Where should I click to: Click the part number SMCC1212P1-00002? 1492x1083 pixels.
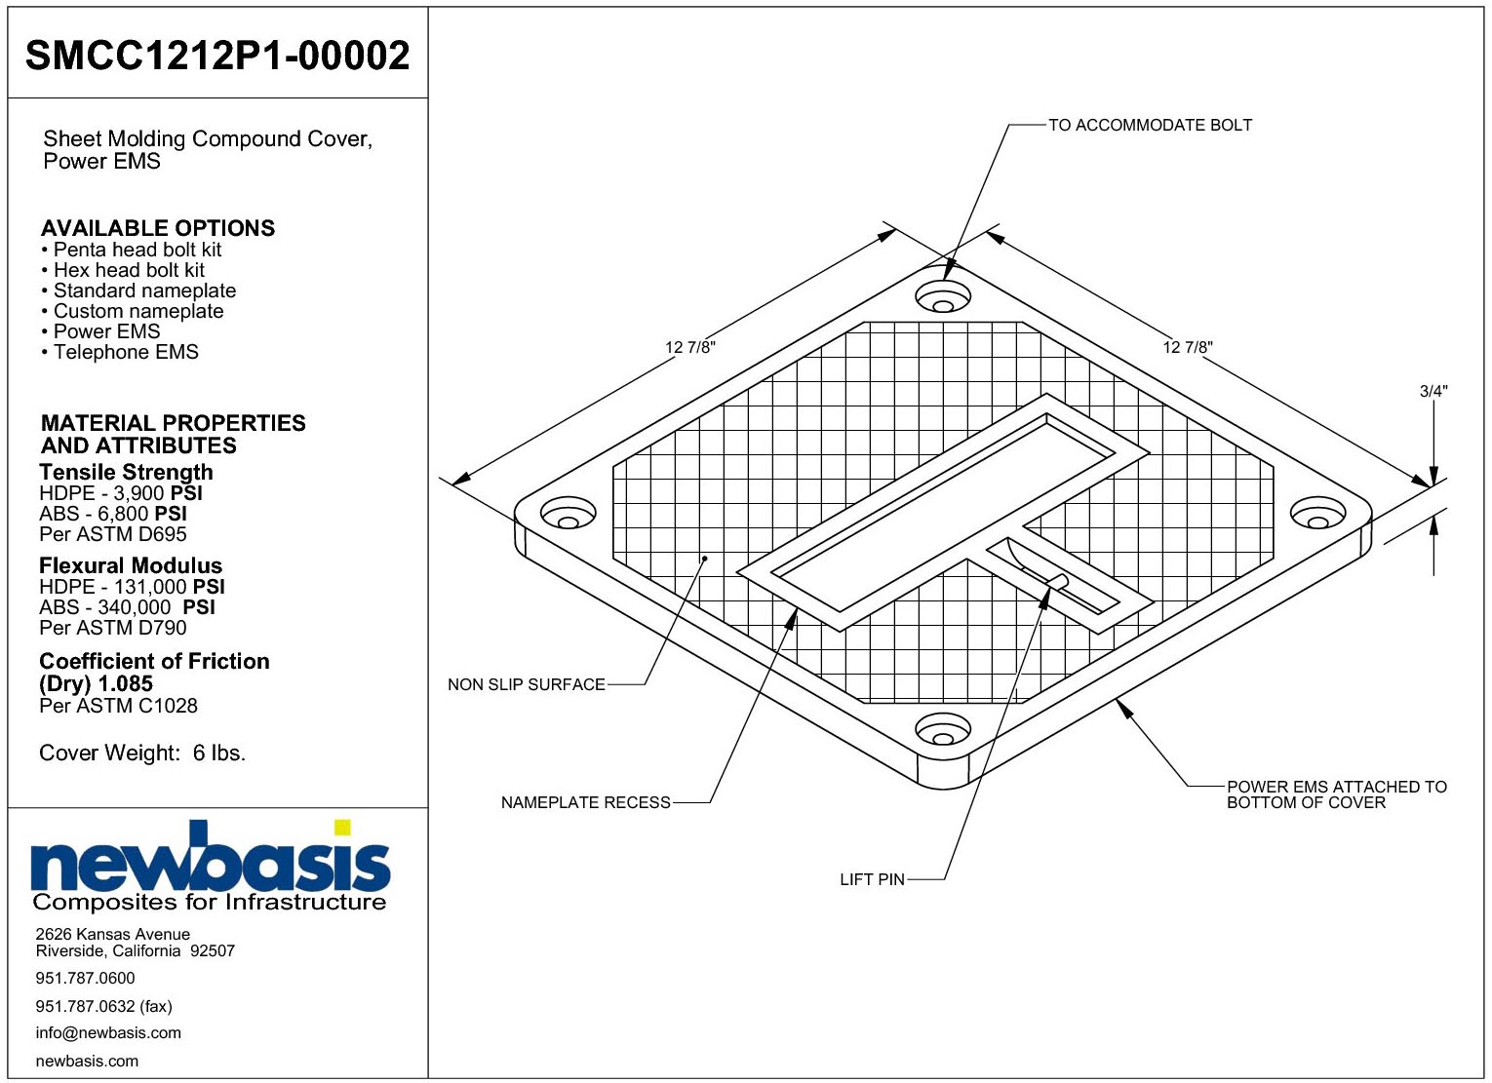217,55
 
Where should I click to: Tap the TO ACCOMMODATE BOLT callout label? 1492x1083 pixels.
1150,125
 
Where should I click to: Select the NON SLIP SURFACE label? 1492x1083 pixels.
527,684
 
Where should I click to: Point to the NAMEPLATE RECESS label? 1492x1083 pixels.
585,802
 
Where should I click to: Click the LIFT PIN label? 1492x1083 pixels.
872,879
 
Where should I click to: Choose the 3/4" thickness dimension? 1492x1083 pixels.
1433,391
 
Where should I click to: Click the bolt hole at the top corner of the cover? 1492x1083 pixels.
942,297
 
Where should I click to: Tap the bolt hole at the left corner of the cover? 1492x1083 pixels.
569,514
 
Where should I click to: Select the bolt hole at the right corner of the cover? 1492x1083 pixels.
1318,514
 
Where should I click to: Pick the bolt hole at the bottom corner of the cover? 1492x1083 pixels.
942,729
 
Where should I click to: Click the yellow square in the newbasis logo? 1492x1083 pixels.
342,827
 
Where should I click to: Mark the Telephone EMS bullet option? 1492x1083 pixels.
120,352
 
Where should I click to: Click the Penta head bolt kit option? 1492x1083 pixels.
132,250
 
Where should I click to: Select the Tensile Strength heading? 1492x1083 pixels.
126,472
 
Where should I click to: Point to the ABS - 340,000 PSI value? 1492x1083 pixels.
127,607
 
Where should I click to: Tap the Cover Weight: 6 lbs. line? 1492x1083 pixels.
142,753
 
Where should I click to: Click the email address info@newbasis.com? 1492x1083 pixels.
108,1032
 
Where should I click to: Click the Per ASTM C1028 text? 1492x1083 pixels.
119,706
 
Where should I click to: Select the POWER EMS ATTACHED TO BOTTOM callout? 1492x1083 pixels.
1337,794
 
